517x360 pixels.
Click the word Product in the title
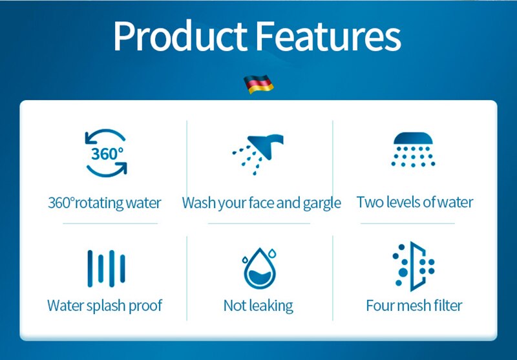[180, 36]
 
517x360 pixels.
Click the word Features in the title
[328, 36]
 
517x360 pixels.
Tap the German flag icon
[258, 84]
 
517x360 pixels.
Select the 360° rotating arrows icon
[106, 153]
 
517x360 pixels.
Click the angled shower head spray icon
[258, 154]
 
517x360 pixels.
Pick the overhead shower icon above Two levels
[413, 150]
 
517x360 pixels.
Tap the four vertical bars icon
[106, 268]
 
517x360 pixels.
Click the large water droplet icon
[260, 268]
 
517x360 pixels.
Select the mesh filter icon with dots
[414, 266]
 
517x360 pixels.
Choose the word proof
[145, 306]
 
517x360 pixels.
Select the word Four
[380, 306]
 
